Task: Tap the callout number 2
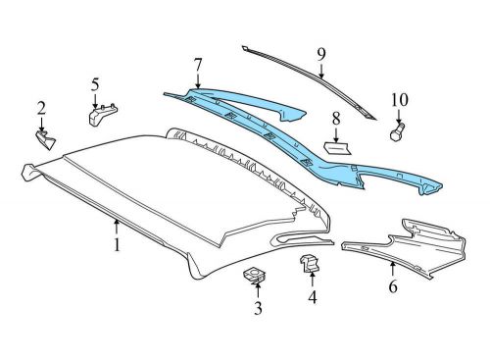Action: pos(41,108)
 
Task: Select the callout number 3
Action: pos(258,310)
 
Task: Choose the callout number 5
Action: pos(95,85)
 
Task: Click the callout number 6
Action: pos(392,287)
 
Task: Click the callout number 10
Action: pos(399,99)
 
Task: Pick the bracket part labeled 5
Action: pos(101,116)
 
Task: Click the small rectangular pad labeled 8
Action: pos(335,147)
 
